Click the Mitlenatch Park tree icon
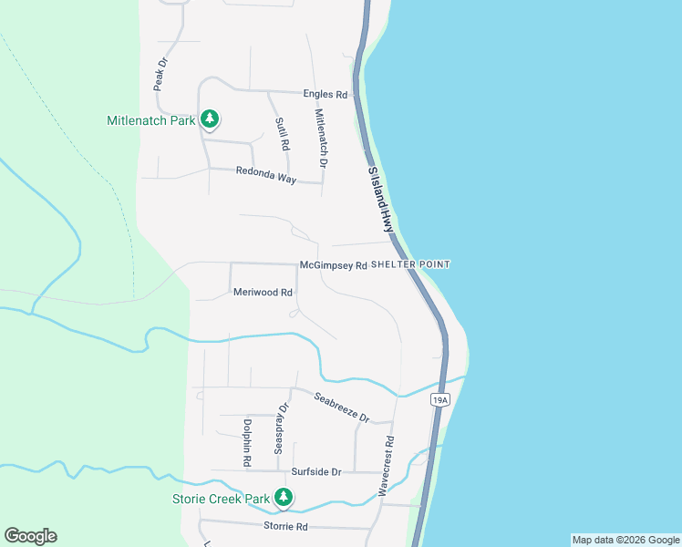[210, 119]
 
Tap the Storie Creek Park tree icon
[284, 498]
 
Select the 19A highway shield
[440, 399]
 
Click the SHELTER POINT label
[411, 264]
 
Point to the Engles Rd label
[326, 94]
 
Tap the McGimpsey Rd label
[333, 266]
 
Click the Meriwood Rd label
[263, 293]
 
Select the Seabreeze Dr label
[342, 408]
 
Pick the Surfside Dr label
[315, 472]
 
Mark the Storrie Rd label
[286, 527]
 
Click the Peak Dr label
[160, 75]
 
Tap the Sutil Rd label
[282, 133]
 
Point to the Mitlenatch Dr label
[320, 138]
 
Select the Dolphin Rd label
[246, 442]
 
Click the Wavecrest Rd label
[388, 465]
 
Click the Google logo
[30, 536]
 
